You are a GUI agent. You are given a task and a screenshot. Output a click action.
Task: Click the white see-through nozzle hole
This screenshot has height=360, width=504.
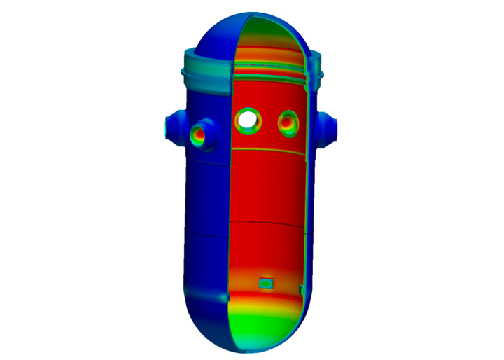coord(247,120)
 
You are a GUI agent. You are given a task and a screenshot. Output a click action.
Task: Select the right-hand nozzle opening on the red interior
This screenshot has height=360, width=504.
coord(288,123)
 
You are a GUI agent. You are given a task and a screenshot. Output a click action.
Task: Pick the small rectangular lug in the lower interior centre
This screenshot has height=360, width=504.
coord(266,283)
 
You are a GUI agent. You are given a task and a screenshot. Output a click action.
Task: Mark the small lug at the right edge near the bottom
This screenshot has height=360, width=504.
coord(301,289)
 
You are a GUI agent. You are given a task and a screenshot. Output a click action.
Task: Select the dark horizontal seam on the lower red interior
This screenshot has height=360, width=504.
coord(266,223)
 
